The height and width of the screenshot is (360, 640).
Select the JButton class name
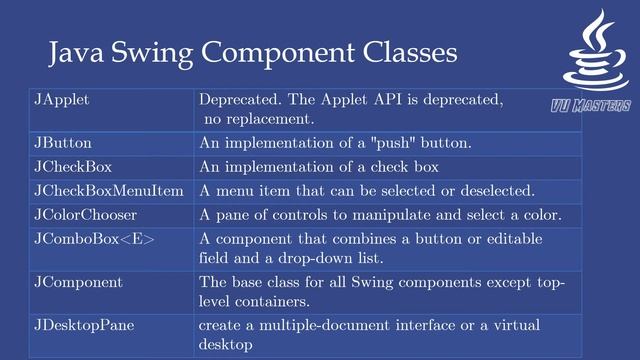point(63,143)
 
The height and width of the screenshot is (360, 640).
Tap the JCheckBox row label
point(71,167)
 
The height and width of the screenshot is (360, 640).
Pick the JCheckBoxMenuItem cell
point(109,190)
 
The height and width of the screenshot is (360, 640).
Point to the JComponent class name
point(78,282)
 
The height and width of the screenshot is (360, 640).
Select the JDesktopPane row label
point(84,326)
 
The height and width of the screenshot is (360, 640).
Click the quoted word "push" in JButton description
point(380,143)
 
